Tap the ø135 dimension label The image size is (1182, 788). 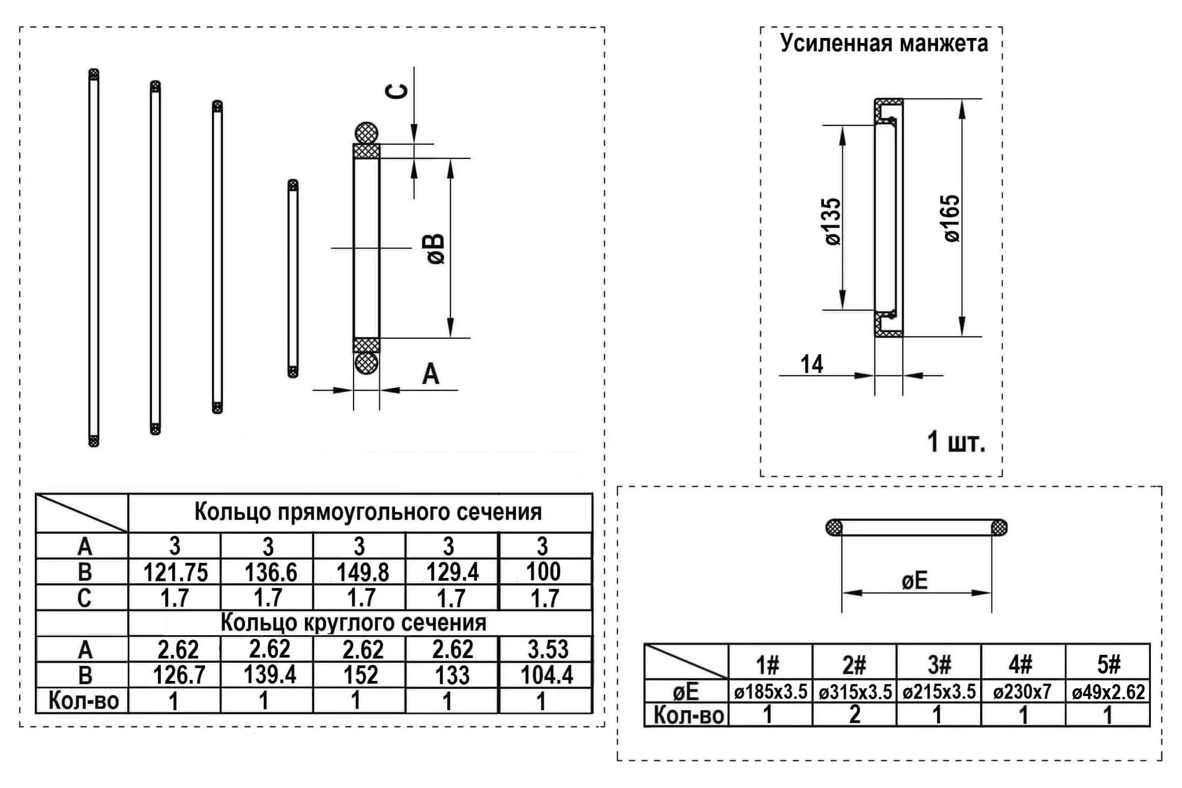[x=833, y=221]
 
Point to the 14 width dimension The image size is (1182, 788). [x=812, y=364]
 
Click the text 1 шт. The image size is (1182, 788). [x=956, y=442]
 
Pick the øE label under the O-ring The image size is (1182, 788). [x=914, y=581]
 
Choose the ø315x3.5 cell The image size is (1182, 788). [x=855, y=692]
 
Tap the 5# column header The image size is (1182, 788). [x=1108, y=664]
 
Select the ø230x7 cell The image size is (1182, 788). [x=1022, y=692]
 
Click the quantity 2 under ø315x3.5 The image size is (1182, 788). [x=855, y=715]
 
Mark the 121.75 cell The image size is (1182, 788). [x=175, y=572]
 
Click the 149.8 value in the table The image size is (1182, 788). [x=363, y=572]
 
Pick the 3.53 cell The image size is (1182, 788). [x=548, y=649]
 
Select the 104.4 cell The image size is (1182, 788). [x=547, y=675]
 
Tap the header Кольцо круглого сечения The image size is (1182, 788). [x=353, y=623]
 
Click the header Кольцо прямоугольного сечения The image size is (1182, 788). [x=368, y=512]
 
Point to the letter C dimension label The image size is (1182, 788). [x=397, y=92]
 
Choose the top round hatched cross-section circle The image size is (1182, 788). [x=366, y=133]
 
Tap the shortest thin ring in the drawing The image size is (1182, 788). [x=293, y=278]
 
